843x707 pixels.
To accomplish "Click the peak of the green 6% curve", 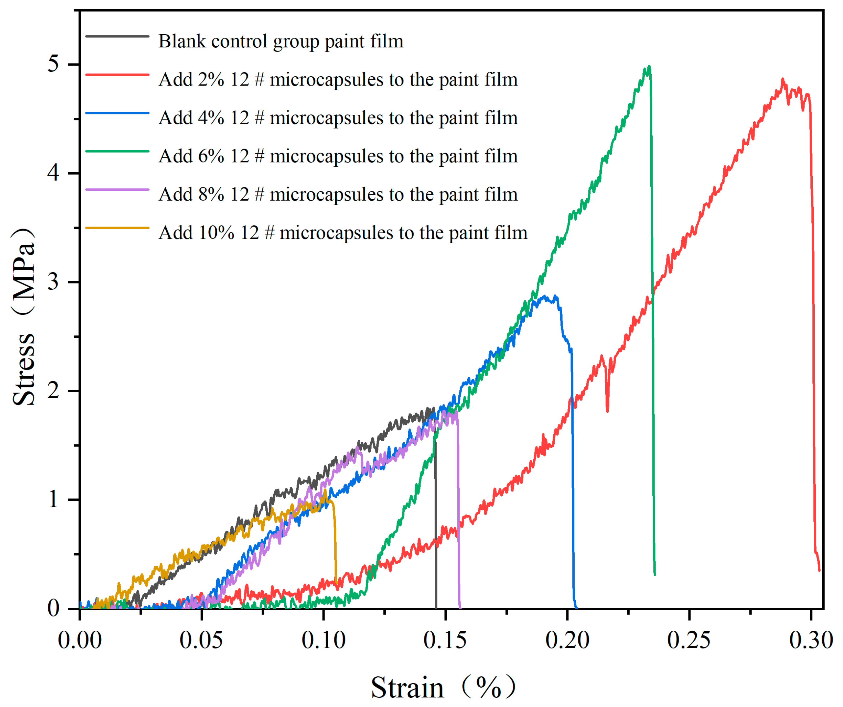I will tap(649, 67).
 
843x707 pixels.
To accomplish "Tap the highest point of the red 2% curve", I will tap(783, 80).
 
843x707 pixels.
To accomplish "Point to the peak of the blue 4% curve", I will tap(545, 297).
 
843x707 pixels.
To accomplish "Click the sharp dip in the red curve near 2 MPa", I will tap(607, 410).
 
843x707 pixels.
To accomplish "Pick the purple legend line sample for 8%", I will tap(117, 189).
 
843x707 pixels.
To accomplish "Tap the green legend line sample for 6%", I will tap(117, 151).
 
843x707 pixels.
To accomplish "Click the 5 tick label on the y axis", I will tap(53, 64).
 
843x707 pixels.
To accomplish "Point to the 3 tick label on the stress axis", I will tap(53, 282).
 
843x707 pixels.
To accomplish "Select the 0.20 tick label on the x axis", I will tap(567, 640).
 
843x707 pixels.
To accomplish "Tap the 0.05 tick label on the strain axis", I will tap(201, 640).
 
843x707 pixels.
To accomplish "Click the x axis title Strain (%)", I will tap(442, 688).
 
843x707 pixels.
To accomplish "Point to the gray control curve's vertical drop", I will tap(436, 522).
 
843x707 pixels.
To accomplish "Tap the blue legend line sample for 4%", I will tap(117, 113).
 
